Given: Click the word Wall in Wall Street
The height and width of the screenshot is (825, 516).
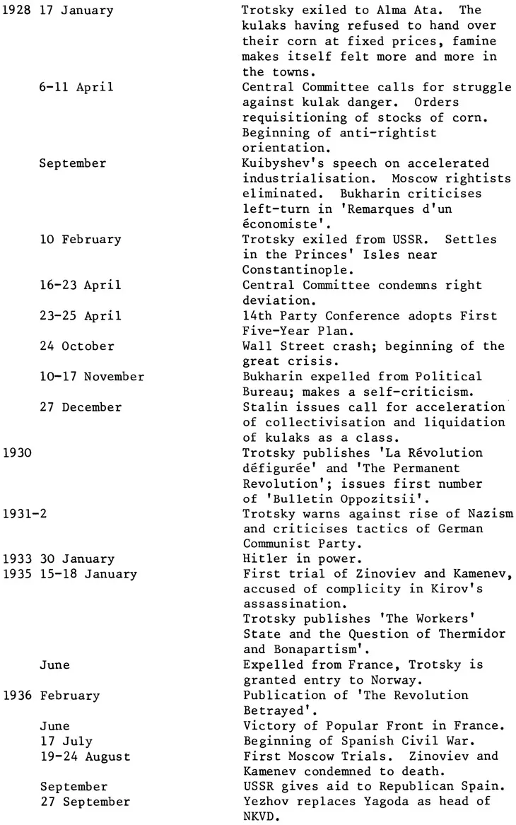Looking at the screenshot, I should pos(254,346).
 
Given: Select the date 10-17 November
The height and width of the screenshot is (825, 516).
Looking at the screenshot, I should pos(92,377).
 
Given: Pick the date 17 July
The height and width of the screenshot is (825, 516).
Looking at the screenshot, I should pos(65,742).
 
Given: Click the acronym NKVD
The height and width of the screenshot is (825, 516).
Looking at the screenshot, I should pos(258,817).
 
